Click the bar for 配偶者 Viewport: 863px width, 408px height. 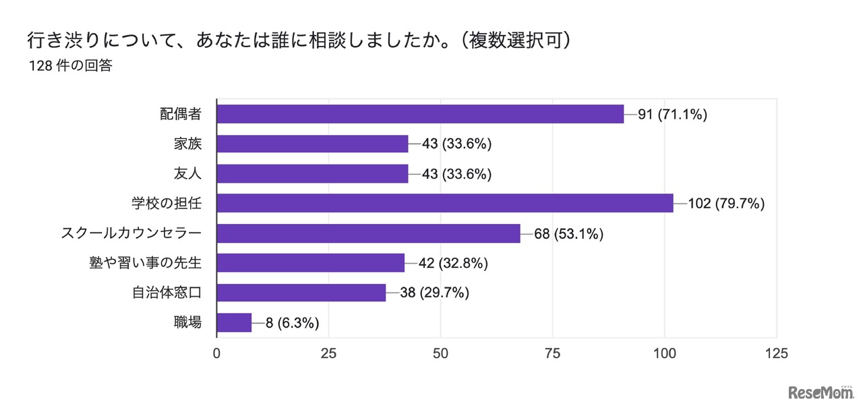tap(420, 114)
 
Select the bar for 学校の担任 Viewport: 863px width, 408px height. tap(445, 203)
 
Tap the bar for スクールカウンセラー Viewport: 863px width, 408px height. tap(368, 233)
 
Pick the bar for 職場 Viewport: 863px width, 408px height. tap(234, 322)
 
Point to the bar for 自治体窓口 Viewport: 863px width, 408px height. tap(301, 293)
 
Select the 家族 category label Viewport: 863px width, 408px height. tap(187, 144)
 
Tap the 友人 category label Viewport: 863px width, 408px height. tap(187, 173)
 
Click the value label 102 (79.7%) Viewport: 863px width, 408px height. tap(726, 203)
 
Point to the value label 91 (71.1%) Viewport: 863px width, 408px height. tap(672, 114)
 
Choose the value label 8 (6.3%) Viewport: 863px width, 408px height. tap(292, 322)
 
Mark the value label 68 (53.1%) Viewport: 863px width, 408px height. tap(568, 233)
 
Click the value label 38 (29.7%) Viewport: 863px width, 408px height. tap(435, 293)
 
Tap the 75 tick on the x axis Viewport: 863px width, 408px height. tap(552, 353)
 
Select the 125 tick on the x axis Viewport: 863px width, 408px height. tap(776, 353)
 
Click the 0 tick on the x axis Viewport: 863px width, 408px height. tap(216, 353)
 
